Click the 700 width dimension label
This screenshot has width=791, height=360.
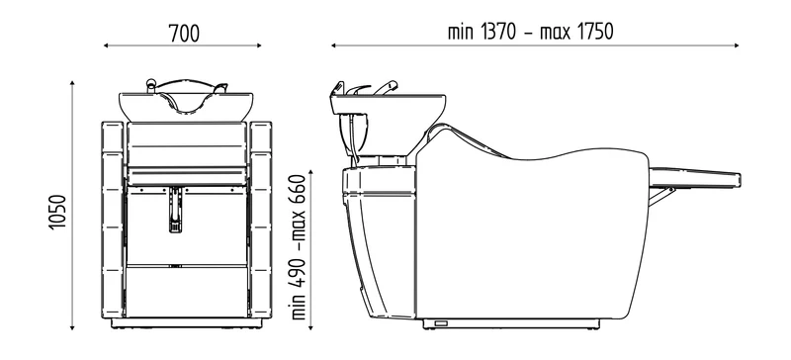coord(184,34)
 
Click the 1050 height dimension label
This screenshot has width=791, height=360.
coord(57,212)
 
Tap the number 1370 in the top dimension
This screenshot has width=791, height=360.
coord(499,32)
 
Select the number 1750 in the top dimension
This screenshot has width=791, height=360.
coord(595,32)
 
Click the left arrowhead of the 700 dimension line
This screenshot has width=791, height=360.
coord(106,45)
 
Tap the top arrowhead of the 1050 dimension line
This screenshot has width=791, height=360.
coord(72,83)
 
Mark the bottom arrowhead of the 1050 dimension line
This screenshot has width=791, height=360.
coord(72,327)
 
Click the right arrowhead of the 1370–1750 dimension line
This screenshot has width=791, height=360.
coord(736,45)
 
